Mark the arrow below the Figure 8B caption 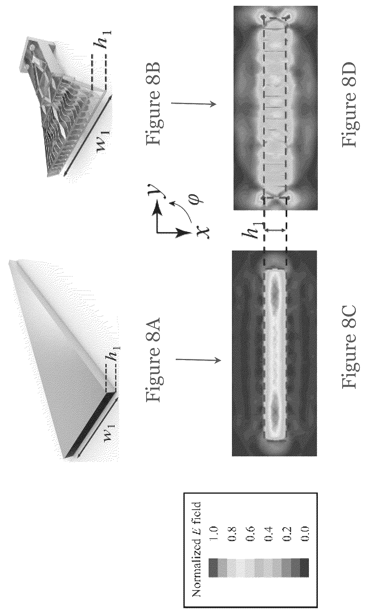click(193, 105)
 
